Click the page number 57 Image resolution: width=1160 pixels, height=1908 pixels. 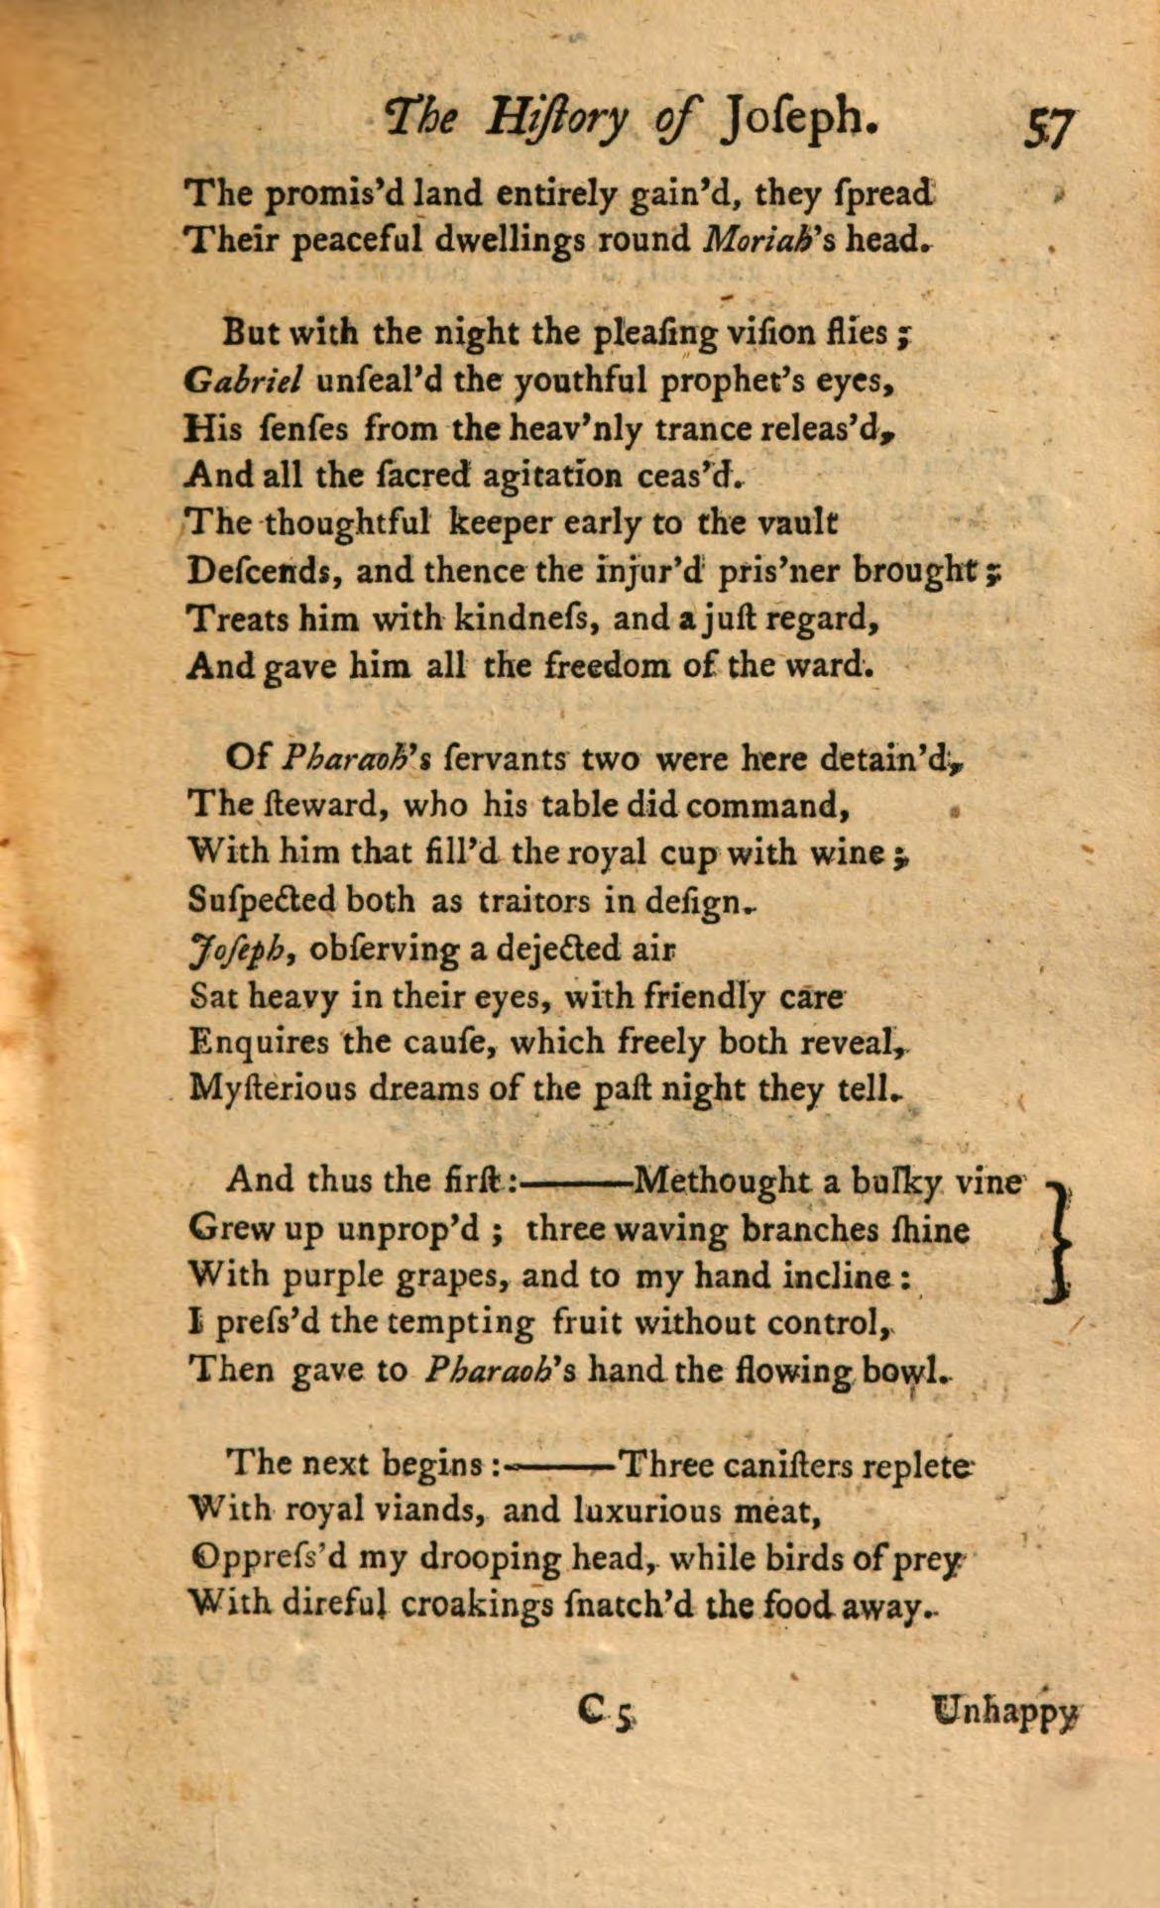pyautogui.click(x=1047, y=126)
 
